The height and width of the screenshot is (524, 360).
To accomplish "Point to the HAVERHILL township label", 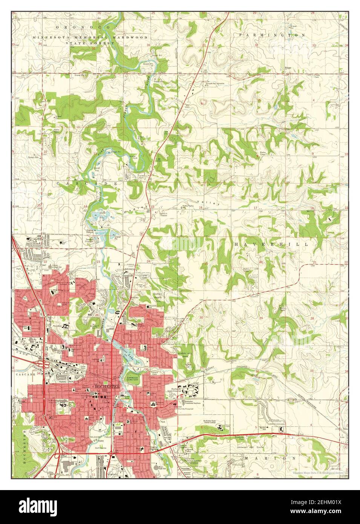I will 271,244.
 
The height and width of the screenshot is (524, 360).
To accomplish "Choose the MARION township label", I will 270,458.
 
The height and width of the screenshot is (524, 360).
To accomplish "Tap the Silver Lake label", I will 127,352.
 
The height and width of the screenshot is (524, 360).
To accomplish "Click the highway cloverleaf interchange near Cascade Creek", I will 44,365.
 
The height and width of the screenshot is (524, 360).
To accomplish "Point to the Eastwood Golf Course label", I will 264,447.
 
